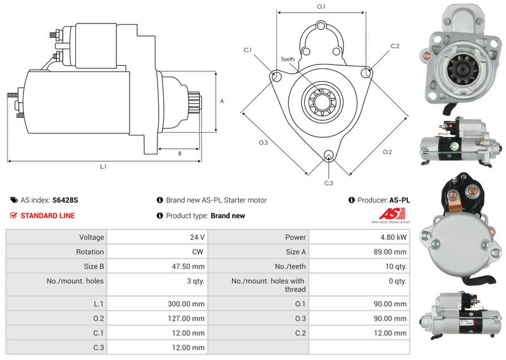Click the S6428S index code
coord(65,200)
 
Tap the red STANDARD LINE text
coord(47,216)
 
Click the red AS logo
coord(388,214)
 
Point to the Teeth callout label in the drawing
coord(288,59)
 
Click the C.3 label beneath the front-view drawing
coord(328,183)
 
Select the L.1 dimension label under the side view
coord(103,167)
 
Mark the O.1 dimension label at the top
coord(321,7)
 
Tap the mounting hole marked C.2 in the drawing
coord(366,74)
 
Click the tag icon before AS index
coord(14,200)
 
